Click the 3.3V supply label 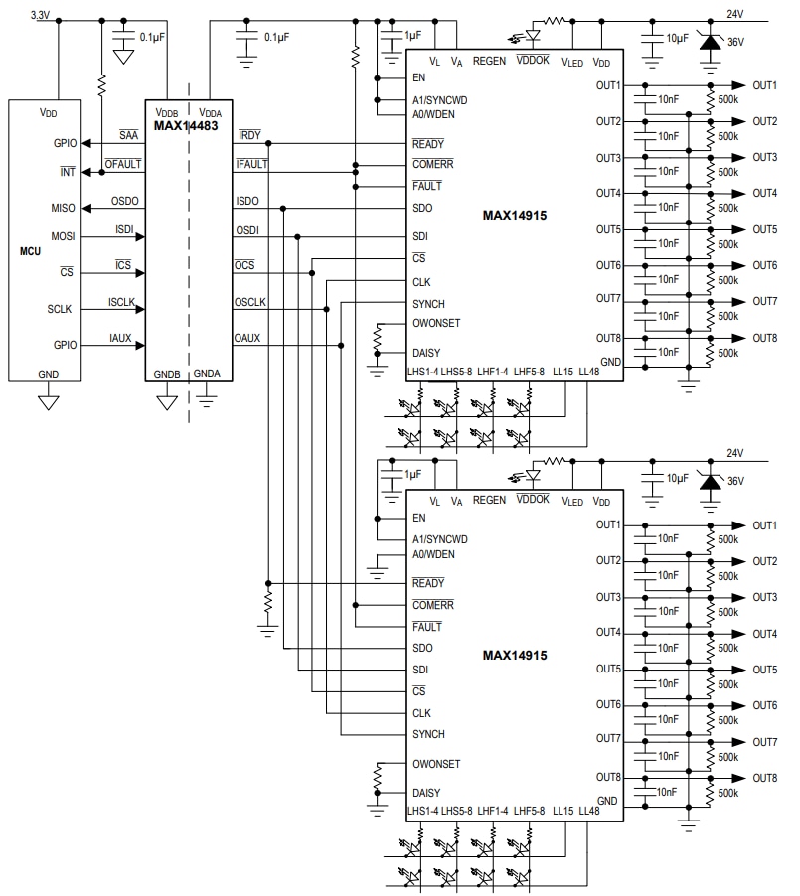point(42,15)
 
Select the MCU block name point(31,252)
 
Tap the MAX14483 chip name point(186,126)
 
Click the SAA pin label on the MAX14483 point(128,135)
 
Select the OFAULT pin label point(123,164)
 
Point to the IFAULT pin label point(252,164)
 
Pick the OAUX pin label point(247,338)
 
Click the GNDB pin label point(167,374)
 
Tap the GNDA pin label point(207,374)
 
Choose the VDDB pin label point(166,112)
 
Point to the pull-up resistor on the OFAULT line point(101,85)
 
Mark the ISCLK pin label point(121,302)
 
